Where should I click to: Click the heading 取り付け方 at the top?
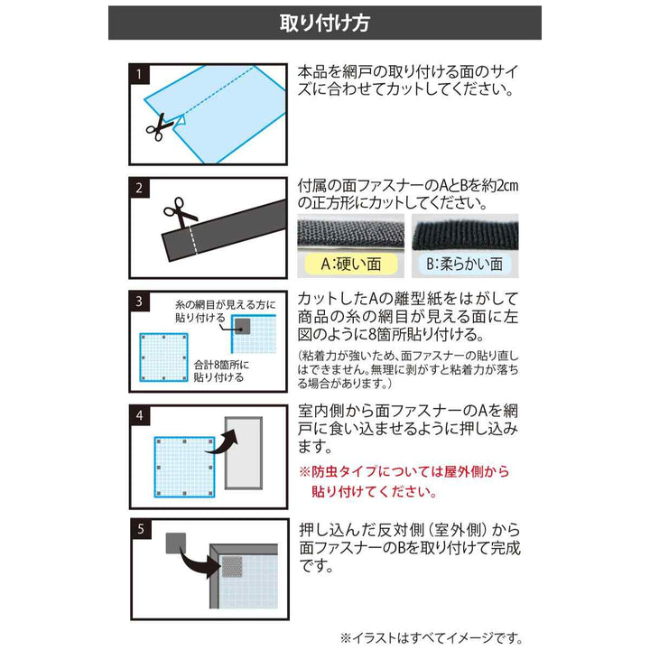tap(324, 23)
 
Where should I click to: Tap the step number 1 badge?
tap(139, 72)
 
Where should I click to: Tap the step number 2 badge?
tap(139, 188)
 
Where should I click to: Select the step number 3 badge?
tap(139, 300)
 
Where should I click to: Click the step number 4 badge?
tap(139, 416)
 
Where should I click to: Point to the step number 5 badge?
tap(139, 528)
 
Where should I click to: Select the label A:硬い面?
tap(351, 265)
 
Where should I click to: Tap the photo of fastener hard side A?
tap(351, 234)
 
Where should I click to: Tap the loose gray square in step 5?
tap(175, 543)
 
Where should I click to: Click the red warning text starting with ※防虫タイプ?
tap(404, 482)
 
